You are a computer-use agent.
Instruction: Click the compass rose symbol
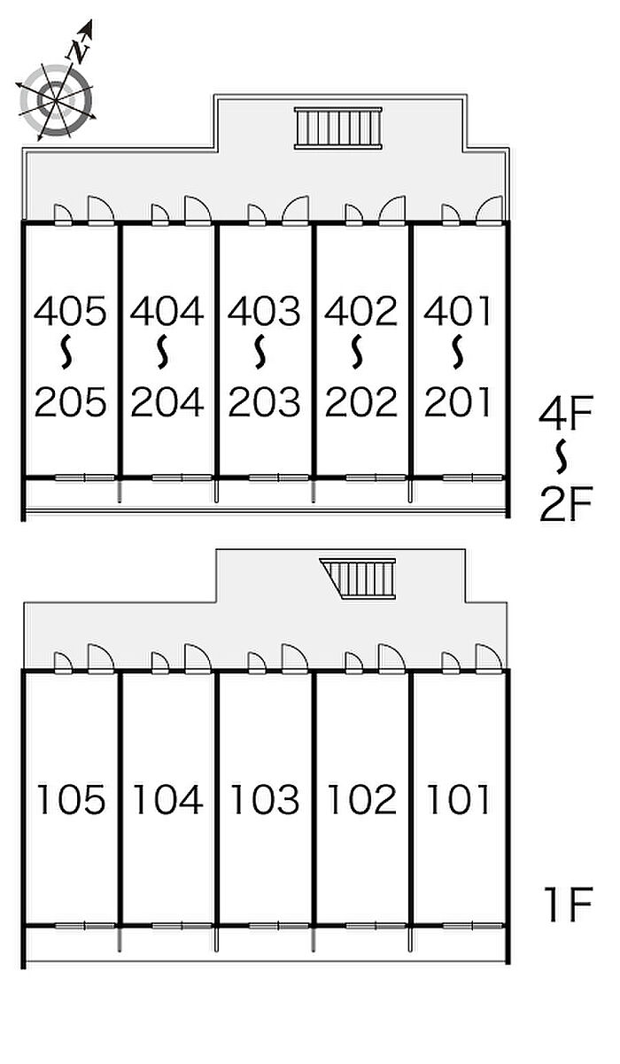coord(56,100)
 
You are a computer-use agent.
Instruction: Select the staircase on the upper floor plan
coord(337,128)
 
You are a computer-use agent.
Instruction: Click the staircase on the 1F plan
coord(359,579)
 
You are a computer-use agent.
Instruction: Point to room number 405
coord(70,312)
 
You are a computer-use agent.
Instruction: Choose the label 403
coord(263,312)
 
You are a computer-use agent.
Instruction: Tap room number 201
coord(457,402)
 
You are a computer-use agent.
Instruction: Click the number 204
coord(167,402)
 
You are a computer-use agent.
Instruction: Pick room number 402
coord(360,312)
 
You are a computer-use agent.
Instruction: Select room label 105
coord(71,800)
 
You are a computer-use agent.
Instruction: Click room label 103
coord(265,800)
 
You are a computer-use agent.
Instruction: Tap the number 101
coord(458,800)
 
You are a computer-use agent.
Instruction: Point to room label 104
coord(167,800)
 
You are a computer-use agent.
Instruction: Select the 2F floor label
coord(566,503)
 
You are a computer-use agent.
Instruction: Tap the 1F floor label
coord(569,905)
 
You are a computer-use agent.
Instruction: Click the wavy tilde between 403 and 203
coord(260,352)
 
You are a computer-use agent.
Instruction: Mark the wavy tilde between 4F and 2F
coord(562,457)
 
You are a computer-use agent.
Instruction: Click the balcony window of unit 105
coord(85,927)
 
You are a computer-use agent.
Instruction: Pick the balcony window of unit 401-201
coord(472,478)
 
